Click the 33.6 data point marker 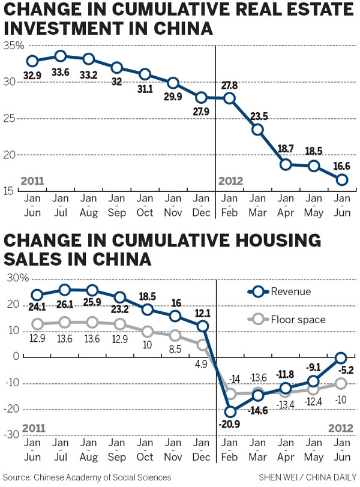coord(60,56)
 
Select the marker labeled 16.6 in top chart coord(341,179)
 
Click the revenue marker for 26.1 coord(65,290)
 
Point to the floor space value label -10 coord(341,398)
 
